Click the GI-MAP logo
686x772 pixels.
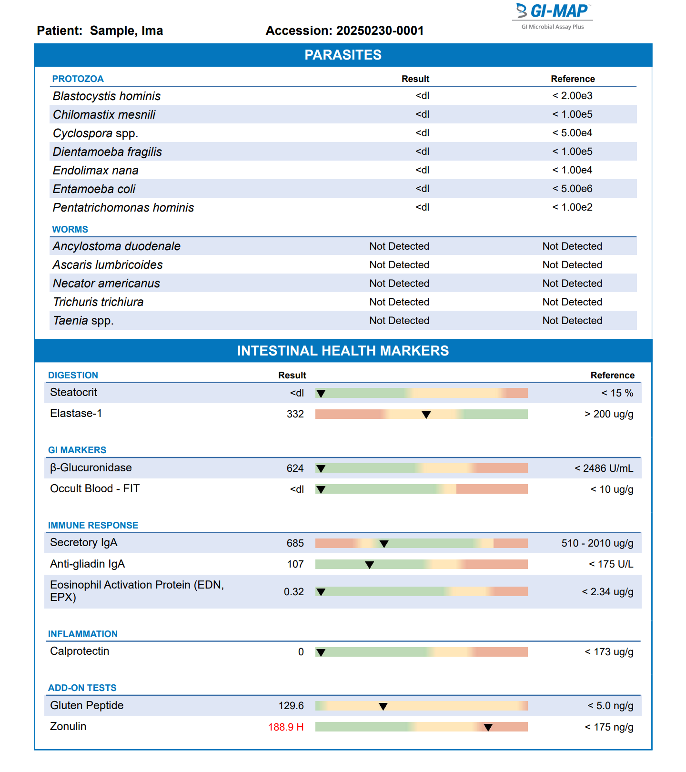coord(553,17)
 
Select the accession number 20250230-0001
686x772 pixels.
coord(380,30)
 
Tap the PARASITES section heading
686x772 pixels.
coord(343,55)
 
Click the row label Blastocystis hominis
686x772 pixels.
coord(107,96)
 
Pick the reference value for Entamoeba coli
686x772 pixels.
coord(572,189)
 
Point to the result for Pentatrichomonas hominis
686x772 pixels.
coord(422,207)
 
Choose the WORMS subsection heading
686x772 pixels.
coord(70,229)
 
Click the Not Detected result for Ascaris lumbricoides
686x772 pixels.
coord(399,265)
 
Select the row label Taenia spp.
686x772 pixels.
coord(83,321)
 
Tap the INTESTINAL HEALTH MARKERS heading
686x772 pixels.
coord(343,351)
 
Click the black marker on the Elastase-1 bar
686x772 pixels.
coord(426,415)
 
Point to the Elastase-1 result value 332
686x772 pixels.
coord(295,414)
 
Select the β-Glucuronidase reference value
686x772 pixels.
coord(604,468)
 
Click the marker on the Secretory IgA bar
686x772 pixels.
coord(384,544)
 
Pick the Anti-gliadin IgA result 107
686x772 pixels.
coord(295,564)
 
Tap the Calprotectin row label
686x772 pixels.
coord(80,651)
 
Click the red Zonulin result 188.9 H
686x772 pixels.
coord(286,727)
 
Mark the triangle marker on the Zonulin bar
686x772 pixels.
coord(488,727)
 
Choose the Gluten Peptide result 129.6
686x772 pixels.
coord(291,706)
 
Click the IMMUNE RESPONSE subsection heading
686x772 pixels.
coord(93,525)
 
